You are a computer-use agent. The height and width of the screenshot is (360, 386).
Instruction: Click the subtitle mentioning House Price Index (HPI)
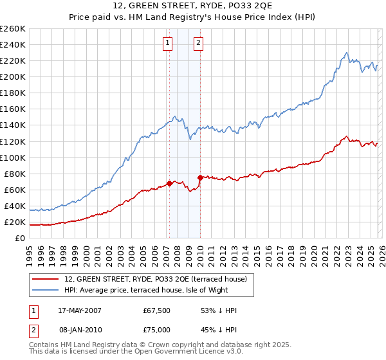click(x=192, y=18)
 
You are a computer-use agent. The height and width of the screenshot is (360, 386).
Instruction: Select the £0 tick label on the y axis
click(x=20, y=239)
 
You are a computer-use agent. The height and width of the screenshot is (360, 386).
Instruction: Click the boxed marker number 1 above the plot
click(x=167, y=43)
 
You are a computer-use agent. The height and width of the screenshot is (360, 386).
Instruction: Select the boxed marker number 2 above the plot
click(x=198, y=43)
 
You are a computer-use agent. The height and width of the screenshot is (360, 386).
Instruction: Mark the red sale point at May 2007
click(x=169, y=183)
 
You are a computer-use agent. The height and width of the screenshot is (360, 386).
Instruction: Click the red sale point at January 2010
click(x=200, y=177)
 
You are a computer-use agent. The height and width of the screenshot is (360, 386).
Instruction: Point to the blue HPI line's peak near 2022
click(x=346, y=53)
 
